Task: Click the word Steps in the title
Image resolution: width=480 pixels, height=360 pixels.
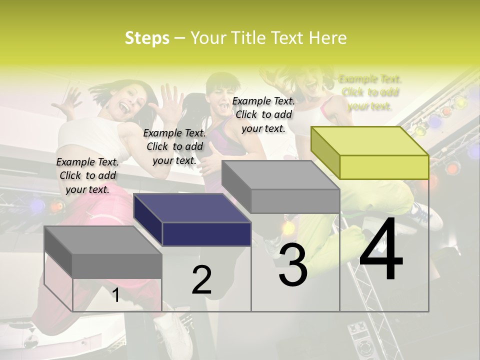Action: click(x=147, y=38)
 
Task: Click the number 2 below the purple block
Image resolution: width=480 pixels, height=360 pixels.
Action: click(x=201, y=280)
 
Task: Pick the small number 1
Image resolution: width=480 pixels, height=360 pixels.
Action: click(x=115, y=295)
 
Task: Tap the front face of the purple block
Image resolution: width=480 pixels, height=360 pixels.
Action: click(x=206, y=234)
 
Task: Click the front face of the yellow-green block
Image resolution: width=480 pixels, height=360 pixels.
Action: click(x=384, y=167)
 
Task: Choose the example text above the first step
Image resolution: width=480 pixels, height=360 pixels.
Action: click(x=87, y=175)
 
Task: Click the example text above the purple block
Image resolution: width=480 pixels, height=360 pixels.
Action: click(x=174, y=146)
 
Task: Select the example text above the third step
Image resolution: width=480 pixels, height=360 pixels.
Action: click(x=263, y=114)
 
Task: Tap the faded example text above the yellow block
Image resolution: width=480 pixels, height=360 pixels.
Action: click(x=370, y=92)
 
